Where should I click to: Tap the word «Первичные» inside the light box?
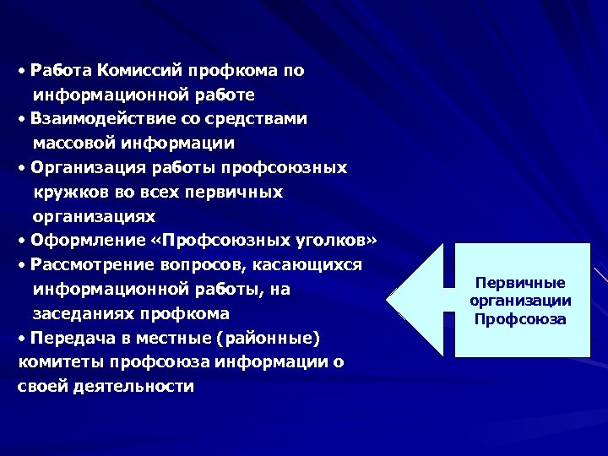point(521,284)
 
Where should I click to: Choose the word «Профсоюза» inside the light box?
point(521,319)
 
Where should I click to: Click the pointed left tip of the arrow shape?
point(389,300)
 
